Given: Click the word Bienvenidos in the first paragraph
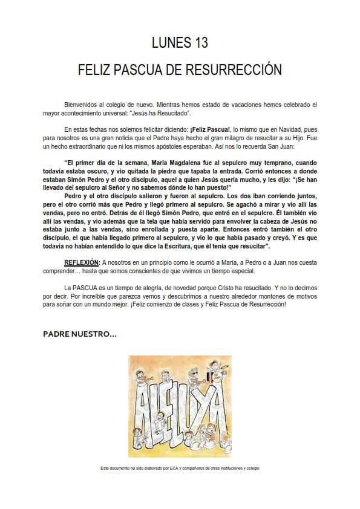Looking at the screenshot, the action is [x=80, y=105].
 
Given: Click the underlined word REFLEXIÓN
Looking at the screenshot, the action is [x=82, y=262].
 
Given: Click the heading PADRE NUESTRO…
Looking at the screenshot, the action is [x=79, y=334].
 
